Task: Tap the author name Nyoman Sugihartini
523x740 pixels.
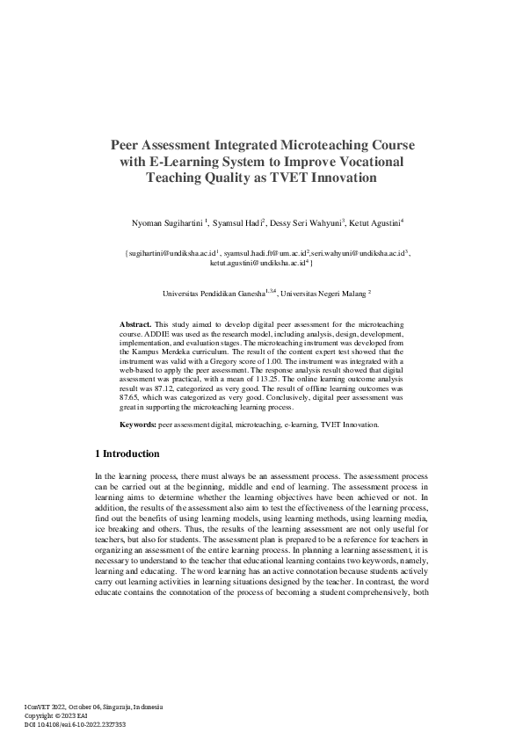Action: coord(166,223)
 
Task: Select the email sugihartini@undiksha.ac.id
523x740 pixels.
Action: coord(172,253)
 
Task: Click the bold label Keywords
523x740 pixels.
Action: coord(138,424)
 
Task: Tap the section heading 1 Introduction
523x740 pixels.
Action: coord(127,454)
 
